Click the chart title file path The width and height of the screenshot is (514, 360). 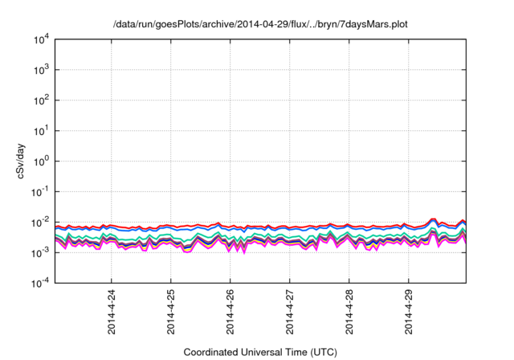tap(262, 23)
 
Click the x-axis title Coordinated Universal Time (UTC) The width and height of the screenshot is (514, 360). tap(260, 352)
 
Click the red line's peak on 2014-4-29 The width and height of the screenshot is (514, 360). tap(434, 219)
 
